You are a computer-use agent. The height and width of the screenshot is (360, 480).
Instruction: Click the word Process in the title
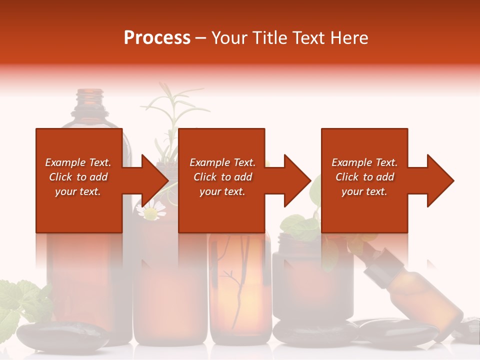coord(157,38)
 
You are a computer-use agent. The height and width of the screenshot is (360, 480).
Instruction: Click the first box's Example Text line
coord(78,162)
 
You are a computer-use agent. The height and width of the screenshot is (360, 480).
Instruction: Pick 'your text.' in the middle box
coord(222,191)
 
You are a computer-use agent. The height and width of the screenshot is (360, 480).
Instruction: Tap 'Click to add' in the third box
coord(364,177)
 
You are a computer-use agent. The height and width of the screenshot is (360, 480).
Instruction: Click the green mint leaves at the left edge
coord(17,300)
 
